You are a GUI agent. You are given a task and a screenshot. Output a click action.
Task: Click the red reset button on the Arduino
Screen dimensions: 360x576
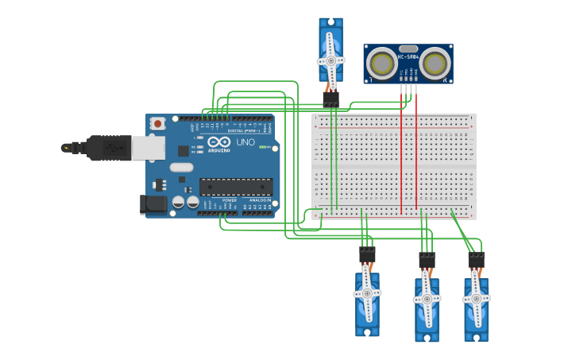click(158, 123)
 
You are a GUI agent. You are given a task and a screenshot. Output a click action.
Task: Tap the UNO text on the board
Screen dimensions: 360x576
click(245, 142)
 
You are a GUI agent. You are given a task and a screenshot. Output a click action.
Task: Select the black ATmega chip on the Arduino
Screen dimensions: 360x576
click(236, 187)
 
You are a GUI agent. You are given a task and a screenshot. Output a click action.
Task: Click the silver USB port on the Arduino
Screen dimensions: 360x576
click(148, 148)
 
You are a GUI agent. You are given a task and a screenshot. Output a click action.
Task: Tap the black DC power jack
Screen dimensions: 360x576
click(153, 204)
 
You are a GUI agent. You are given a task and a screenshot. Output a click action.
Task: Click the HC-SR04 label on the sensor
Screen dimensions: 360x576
click(408, 57)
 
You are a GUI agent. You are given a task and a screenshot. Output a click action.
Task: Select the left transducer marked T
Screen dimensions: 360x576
click(382, 64)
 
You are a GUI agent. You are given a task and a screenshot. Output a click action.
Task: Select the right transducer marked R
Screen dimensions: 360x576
click(435, 64)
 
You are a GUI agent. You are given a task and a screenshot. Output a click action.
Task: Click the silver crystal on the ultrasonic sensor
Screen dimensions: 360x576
click(408, 48)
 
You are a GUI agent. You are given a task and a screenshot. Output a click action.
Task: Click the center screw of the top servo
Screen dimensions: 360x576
click(331, 60)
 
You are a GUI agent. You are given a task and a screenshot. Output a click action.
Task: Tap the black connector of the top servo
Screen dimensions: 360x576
click(331, 98)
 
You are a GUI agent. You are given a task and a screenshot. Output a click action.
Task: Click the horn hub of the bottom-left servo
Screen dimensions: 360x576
click(367, 293)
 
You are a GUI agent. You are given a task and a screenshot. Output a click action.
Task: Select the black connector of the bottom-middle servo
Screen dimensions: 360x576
click(427, 260)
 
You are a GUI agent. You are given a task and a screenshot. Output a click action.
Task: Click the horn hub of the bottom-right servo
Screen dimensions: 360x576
click(476, 298)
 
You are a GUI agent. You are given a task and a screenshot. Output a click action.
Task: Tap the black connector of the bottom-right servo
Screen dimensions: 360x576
click(476, 260)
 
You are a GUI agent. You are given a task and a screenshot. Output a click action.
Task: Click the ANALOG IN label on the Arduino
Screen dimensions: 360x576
click(259, 200)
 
